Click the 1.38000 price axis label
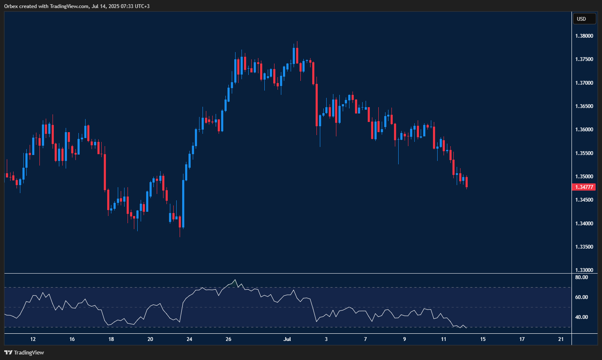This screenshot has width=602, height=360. click(584, 36)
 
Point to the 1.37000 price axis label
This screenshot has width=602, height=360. click(584, 83)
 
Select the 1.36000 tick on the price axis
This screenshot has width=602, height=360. click(584, 130)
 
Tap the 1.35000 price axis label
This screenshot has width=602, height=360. click(584, 177)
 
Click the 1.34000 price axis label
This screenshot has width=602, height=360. click(584, 224)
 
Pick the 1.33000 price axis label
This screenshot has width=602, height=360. click(584, 270)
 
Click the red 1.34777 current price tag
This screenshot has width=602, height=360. click(584, 187)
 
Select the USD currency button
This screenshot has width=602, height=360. click(582, 19)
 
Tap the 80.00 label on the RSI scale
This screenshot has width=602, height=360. click(581, 277)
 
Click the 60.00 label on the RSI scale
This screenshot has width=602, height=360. click(581, 297)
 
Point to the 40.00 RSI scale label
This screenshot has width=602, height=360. click(581, 317)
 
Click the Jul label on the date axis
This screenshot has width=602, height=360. click(288, 339)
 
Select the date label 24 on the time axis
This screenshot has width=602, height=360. click(189, 339)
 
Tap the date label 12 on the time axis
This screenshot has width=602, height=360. click(33, 339)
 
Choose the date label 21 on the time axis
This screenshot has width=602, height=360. click(561, 339)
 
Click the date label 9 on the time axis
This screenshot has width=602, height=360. click(405, 339)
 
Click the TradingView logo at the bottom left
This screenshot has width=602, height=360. click(24, 352)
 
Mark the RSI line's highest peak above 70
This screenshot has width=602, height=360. click(235, 280)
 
